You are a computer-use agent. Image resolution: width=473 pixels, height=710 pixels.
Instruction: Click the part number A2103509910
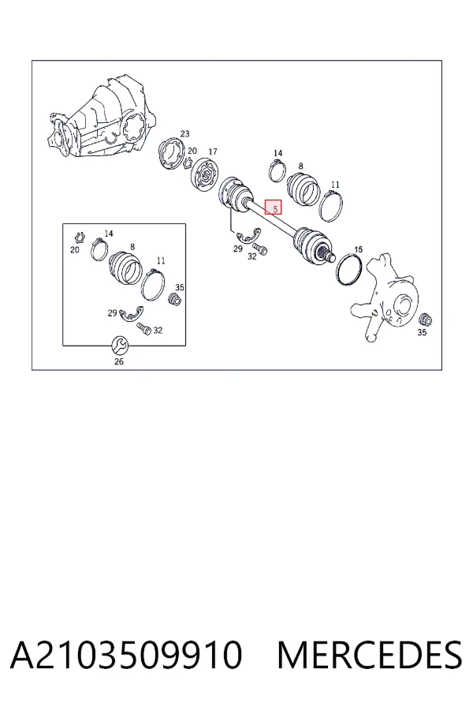(x=126, y=654)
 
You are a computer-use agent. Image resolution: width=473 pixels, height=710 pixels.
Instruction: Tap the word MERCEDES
(x=370, y=654)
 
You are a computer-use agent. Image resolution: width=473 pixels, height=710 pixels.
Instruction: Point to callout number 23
(x=184, y=133)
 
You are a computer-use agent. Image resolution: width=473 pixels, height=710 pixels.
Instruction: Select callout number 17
(x=212, y=151)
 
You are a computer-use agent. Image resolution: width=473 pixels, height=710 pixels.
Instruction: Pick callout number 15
(x=358, y=249)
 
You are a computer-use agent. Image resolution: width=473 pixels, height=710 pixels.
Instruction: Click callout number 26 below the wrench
(x=118, y=361)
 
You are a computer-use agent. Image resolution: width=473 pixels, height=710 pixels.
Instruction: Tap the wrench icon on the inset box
(x=120, y=346)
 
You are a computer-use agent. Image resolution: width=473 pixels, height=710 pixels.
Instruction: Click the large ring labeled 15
(x=349, y=271)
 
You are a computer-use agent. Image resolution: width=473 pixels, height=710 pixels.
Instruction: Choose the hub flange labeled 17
(x=205, y=175)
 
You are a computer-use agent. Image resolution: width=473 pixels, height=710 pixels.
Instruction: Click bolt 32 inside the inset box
(x=145, y=328)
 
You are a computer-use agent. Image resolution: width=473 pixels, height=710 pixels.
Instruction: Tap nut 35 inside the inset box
(x=175, y=299)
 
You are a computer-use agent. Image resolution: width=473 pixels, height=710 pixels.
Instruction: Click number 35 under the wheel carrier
(x=422, y=332)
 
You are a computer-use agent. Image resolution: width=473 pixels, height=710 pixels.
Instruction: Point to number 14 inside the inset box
(x=109, y=234)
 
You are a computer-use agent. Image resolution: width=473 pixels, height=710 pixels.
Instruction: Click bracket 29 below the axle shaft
(x=246, y=237)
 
